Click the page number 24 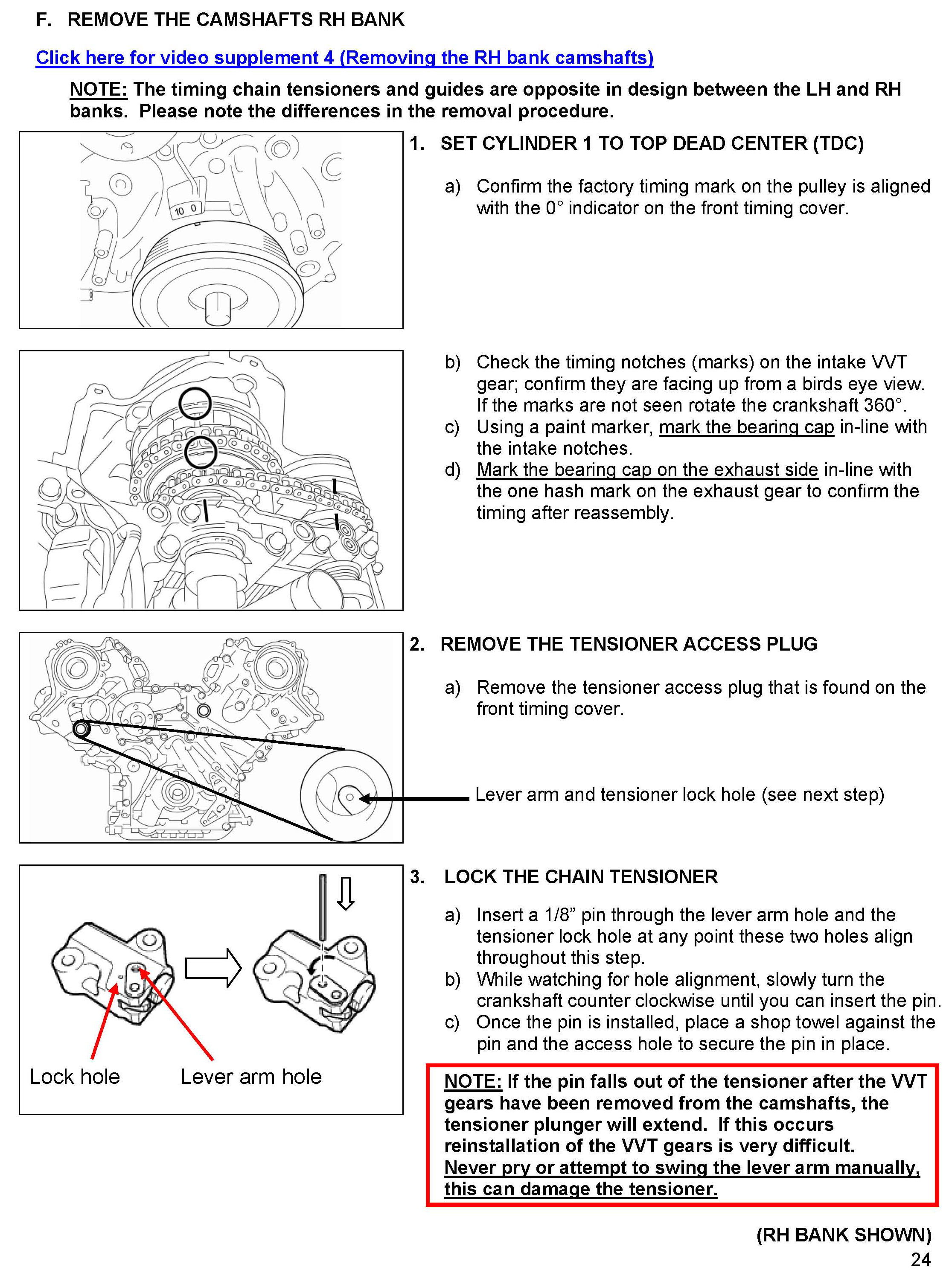[x=920, y=1259]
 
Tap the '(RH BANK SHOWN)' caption [x=843, y=1235]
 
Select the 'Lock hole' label [x=75, y=1077]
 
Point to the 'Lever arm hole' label [x=250, y=1077]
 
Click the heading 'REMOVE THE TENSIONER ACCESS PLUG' [x=629, y=644]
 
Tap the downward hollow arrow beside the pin [x=345, y=893]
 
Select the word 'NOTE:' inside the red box [x=473, y=1081]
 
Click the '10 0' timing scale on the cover [x=186, y=210]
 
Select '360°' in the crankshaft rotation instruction [x=884, y=405]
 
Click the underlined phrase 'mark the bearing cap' [x=746, y=426]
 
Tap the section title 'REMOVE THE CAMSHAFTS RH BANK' [x=236, y=20]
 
